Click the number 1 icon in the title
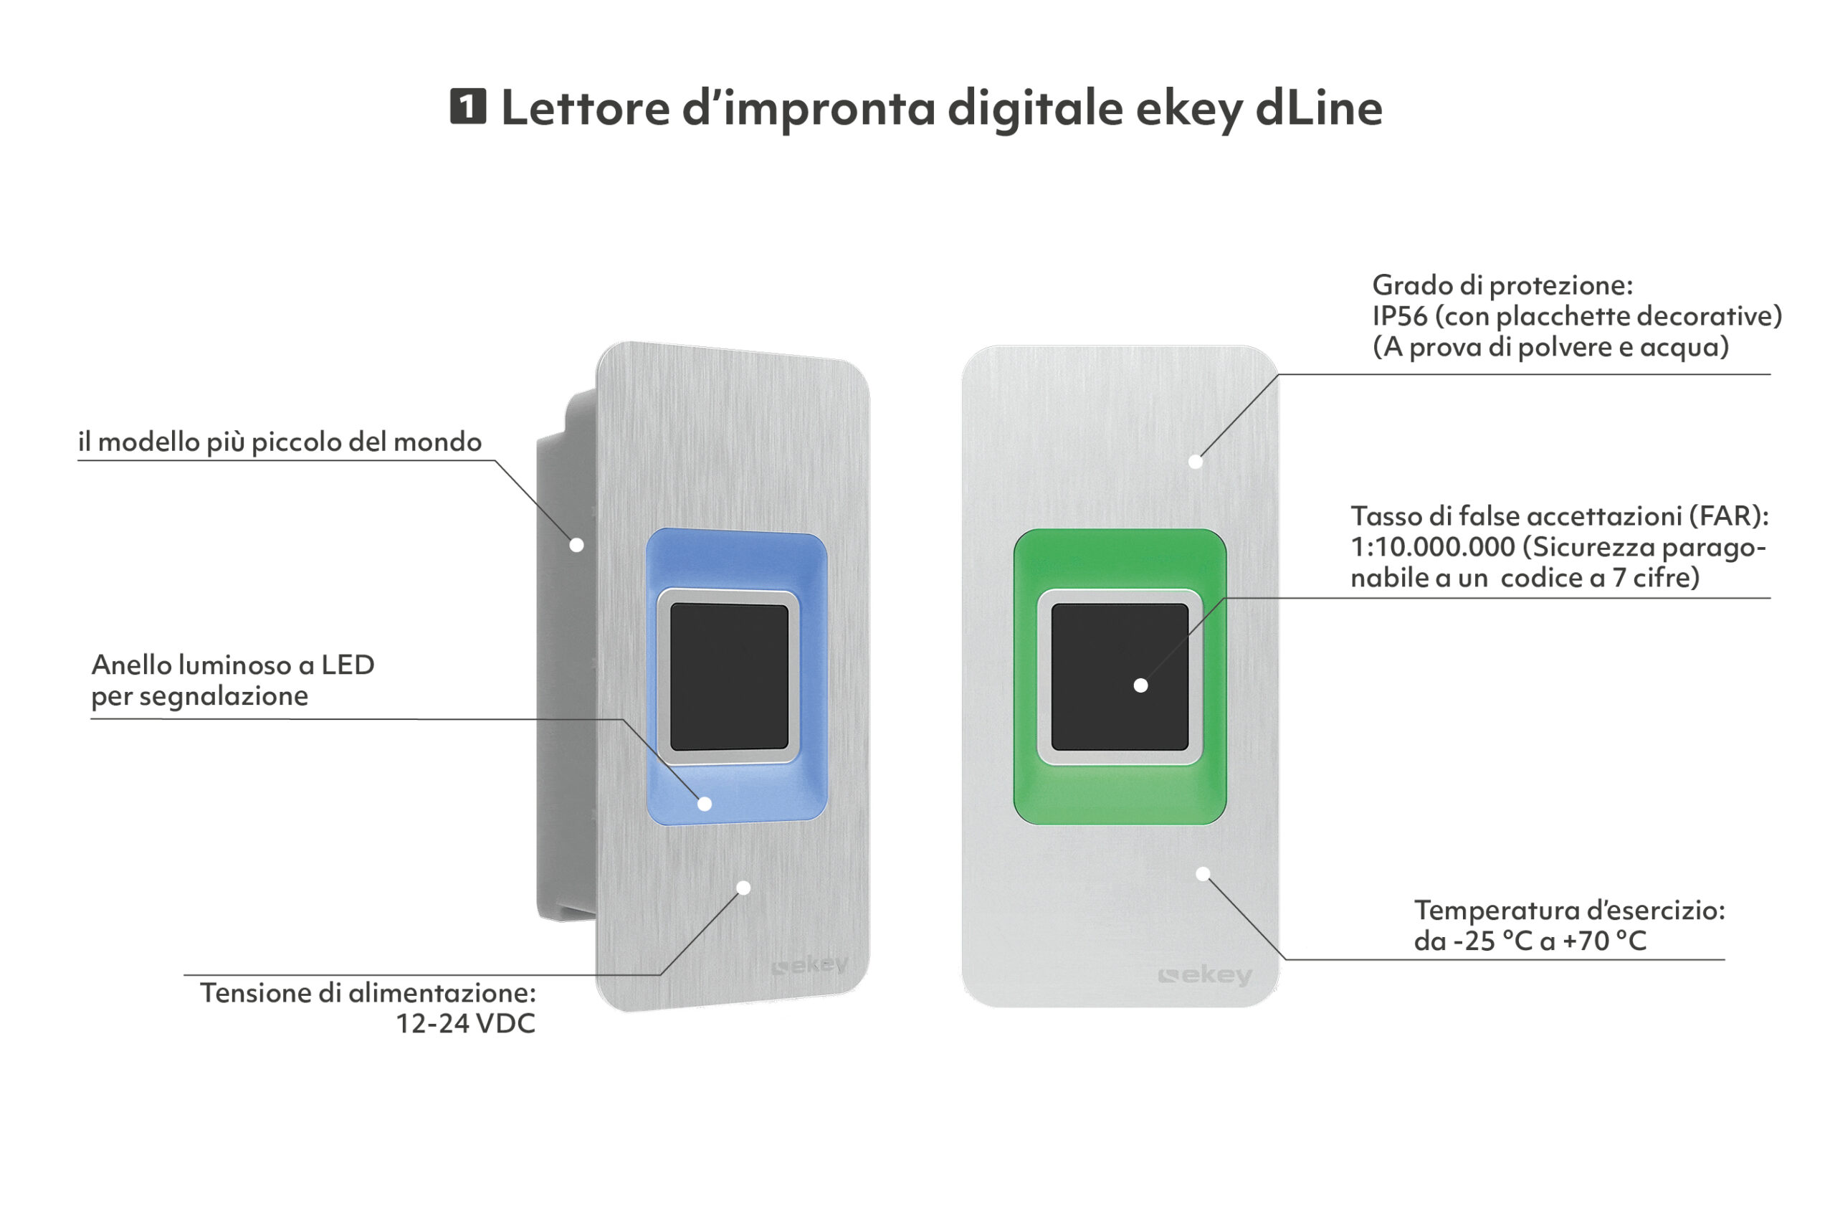(468, 106)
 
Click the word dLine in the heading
(1318, 108)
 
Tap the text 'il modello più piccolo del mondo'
(280, 442)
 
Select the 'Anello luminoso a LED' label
(233, 664)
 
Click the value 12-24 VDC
(465, 1023)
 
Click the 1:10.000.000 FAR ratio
(1433, 547)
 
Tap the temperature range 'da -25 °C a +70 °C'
(1530, 941)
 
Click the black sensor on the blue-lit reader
(729, 677)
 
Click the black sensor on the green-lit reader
(1120, 677)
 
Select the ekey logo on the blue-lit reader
(810, 964)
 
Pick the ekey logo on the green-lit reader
(1205, 975)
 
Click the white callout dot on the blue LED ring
(704, 804)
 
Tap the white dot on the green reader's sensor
(1140, 685)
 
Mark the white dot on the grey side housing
(576, 544)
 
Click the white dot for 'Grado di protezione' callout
(1195, 462)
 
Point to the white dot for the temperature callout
(1203, 874)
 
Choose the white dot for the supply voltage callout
(743, 888)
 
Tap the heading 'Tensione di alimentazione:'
(368, 992)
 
